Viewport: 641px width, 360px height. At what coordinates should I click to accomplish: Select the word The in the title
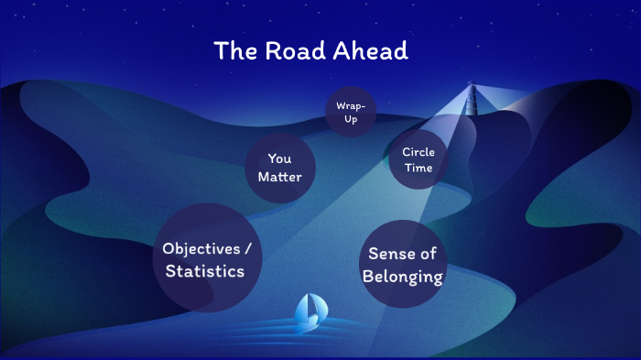point(234,51)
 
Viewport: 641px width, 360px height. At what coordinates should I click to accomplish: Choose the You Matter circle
point(279,168)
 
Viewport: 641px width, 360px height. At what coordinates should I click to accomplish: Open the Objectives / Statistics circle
point(205,259)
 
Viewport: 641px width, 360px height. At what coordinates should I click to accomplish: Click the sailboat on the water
point(307,313)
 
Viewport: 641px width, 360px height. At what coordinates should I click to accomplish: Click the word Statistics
point(205,271)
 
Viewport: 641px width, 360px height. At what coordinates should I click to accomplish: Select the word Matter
point(279,177)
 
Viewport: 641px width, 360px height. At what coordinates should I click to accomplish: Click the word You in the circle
point(279,158)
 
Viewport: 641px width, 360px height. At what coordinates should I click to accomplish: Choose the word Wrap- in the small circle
point(351,106)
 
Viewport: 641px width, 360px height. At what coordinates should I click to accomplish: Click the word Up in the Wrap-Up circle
point(351,120)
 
